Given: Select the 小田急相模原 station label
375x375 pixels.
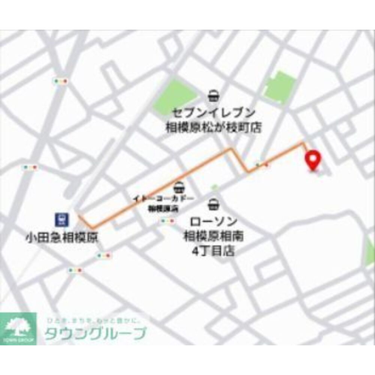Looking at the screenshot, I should click(x=62, y=237).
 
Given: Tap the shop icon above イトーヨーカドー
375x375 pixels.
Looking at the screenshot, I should click(x=179, y=187).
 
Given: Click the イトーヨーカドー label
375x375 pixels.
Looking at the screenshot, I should click(x=164, y=198).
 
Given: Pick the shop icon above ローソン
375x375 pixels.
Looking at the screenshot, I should click(x=213, y=205).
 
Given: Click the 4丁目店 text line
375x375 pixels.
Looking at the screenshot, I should click(x=213, y=250).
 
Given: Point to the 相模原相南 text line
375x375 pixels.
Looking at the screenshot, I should click(x=213, y=236).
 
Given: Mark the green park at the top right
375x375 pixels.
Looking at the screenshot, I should click(x=279, y=87).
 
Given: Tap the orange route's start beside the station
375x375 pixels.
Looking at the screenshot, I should click(x=79, y=217).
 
